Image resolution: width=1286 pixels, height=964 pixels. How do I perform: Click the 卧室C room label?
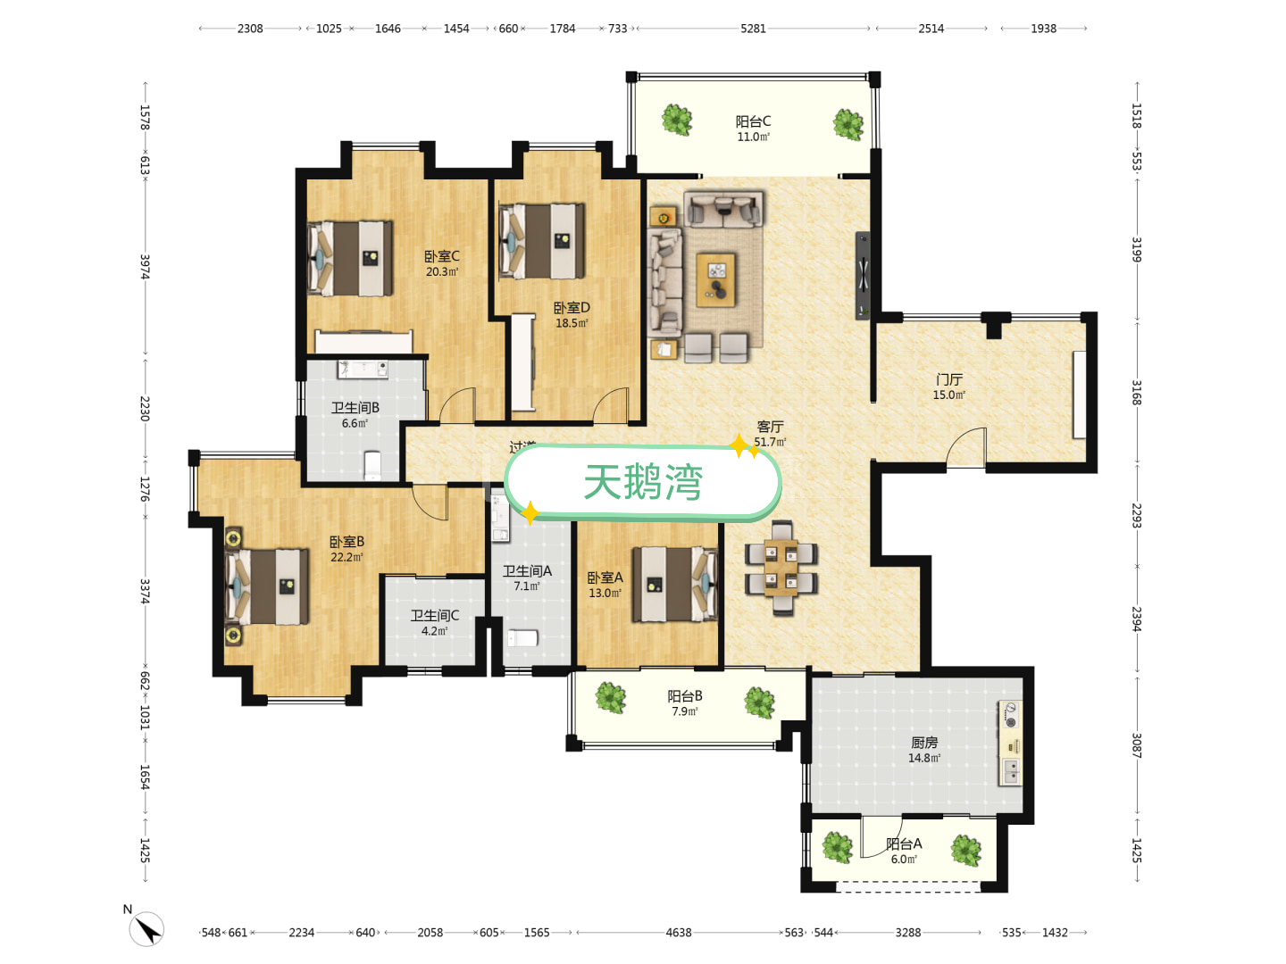point(442,263)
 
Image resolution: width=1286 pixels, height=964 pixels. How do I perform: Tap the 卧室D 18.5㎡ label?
point(572,315)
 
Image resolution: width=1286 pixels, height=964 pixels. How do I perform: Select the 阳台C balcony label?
point(753,129)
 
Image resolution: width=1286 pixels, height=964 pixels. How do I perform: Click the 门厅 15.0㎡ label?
point(948,386)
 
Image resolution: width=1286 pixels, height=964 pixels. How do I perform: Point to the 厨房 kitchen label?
point(924,750)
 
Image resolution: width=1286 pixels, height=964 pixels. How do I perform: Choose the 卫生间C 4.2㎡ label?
point(435,623)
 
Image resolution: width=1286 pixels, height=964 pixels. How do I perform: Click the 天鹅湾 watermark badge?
point(643,483)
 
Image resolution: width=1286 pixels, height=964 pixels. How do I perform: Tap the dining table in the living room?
point(781,568)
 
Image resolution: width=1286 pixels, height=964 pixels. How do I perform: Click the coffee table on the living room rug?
point(716,279)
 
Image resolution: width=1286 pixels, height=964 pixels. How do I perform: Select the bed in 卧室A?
point(675,585)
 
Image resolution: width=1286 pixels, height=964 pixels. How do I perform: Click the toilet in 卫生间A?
point(522,638)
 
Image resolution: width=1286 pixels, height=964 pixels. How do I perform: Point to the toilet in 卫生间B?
point(372,465)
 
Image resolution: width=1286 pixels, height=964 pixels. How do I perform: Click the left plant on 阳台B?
point(611,697)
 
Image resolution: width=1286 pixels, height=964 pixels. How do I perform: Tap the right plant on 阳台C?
point(848,124)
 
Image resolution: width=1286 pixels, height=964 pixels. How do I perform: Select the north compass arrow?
point(147,929)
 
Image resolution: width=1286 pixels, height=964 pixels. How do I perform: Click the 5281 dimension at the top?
point(753,29)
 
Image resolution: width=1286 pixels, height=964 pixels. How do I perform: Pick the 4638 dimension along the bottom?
point(678,933)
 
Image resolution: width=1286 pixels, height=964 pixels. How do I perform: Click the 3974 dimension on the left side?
point(145,267)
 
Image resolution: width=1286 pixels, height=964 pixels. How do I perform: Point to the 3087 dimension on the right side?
point(1137,745)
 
